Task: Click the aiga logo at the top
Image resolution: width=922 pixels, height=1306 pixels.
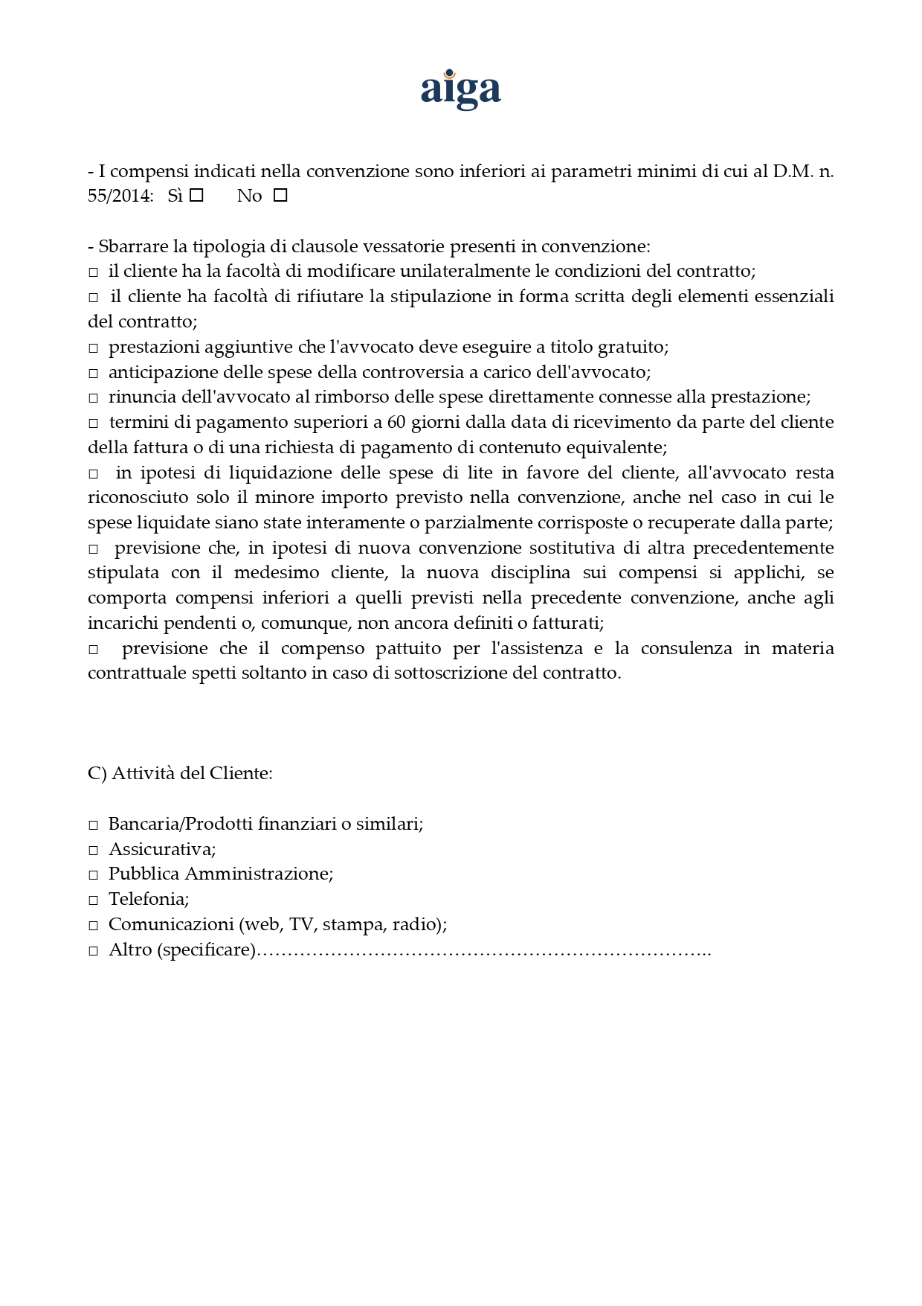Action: click(460, 91)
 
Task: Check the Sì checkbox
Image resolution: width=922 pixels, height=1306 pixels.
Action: click(196, 196)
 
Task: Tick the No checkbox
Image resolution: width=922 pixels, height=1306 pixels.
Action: click(280, 196)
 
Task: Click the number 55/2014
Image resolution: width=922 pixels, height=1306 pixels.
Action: click(120, 196)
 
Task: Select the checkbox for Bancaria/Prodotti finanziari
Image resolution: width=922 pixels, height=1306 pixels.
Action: click(94, 825)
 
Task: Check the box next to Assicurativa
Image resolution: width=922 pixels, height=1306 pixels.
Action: click(94, 851)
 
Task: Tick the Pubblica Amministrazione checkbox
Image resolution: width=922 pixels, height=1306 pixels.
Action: click(94, 875)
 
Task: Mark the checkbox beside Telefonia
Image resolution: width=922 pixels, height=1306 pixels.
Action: click(94, 900)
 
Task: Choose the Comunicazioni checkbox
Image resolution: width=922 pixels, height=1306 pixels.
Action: click(94, 926)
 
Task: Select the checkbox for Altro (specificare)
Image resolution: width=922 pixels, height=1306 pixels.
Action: click(94, 951)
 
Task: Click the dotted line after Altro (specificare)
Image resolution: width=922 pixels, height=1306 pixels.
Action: click(483, 951)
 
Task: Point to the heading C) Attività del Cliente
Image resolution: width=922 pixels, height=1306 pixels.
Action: click(180, 773)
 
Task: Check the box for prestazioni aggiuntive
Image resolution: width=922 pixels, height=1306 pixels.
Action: click(94, 348)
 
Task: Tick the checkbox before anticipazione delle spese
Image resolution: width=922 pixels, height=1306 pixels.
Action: click(94, 374)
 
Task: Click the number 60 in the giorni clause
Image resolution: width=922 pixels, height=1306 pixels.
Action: click(396, 423)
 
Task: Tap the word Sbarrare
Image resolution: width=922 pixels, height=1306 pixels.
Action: click(133, 246)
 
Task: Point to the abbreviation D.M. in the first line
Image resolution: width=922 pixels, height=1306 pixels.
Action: click(793, 172)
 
